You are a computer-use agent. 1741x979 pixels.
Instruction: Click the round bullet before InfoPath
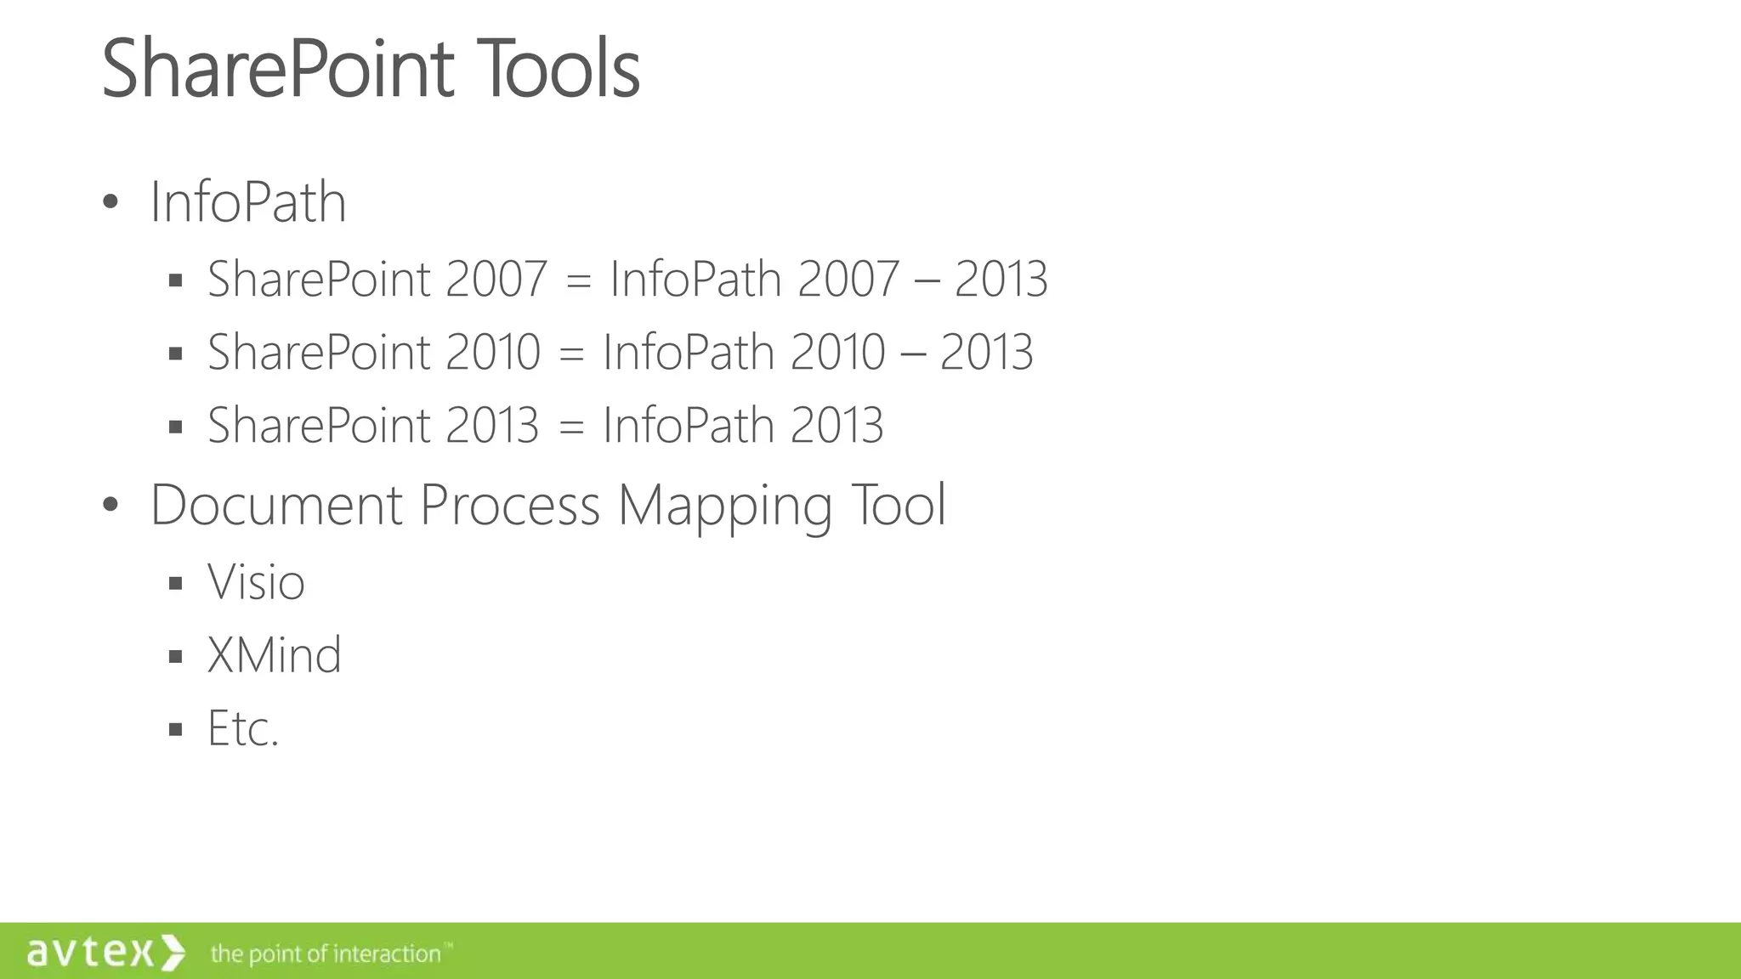pyautogui.click(x=110, y=202)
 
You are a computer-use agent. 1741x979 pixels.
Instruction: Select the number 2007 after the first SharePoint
pyautogui.click(x=495, y=279)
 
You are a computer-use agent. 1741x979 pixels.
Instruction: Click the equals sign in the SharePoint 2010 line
pyautogui.click(x=571, y=352)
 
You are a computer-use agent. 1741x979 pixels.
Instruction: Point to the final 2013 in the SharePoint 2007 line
pyautogui.click(x=1001, y=279)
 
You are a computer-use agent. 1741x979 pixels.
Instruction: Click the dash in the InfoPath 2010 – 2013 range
pyautogui.click(x=912, y=352)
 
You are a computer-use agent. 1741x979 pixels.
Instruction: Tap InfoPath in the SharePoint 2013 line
pyautogui.click(x=688, y=425)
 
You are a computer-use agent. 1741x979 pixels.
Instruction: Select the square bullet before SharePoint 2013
pyautogui.click(x=176, y=426)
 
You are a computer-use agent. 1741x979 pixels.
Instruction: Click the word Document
pyautogui.click(x=275, y=505)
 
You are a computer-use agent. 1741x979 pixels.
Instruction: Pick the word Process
pyautogui.click(x=510, y=505)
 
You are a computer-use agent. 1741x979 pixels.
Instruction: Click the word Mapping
pyautogui.click(x=724, y=505)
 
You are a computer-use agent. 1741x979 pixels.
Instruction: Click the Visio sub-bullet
pyautogui.click(x=256, y=582)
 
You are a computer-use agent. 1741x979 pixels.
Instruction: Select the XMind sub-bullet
pyautogui.click(x=274, y=655)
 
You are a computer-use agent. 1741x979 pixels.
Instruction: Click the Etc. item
pyautogui.click(x=243, y=728)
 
